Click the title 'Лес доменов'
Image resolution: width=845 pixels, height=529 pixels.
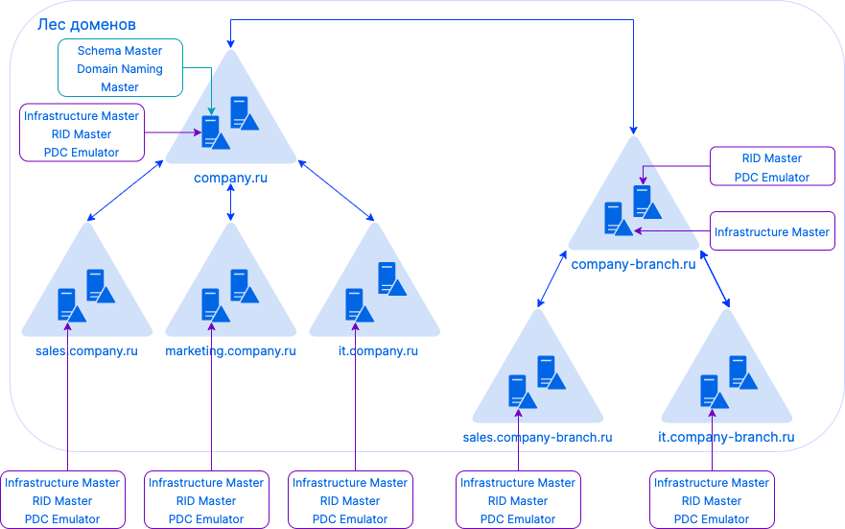pyautogui.click(x=86, y=23)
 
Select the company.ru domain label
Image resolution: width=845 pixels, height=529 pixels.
pyautogui.click(x=231, y=178)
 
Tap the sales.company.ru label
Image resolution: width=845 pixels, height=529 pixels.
pyautogui.click(x=87, y=350)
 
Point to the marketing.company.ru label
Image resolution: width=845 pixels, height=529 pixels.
pyautogui.click(x=231, y=350)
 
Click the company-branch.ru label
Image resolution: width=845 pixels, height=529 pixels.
pyautogui.click(x=633, y=264)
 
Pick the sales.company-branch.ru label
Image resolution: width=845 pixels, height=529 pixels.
pyautogui.click(x=537, y=437)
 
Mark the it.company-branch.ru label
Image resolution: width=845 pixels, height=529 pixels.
pyautogui.click(x=726, y=437)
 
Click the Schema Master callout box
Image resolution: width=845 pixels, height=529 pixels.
pyautogui.click(x=120, y=68)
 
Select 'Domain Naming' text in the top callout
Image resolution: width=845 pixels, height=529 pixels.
pyautogui.click(x=120, y=69)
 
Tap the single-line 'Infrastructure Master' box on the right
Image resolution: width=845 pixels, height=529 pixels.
pyautogui.click(x=772, y=232)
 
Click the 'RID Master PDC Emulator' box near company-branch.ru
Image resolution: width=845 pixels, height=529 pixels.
pyautogui.click(x=772, y=167)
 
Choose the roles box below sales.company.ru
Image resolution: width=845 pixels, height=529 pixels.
pyautogui.click(x=62, y=500)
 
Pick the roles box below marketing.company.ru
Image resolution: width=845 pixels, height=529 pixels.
pyautogui.click(x=206, y=500)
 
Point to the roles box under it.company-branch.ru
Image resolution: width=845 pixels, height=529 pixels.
pyautogui.click(x=712, y=500)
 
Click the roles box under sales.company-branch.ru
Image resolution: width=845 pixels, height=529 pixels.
pyautogui.click(x=518, y=500)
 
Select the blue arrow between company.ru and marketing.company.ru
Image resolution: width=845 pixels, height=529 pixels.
pyautogui.click(x=231, y=203)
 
